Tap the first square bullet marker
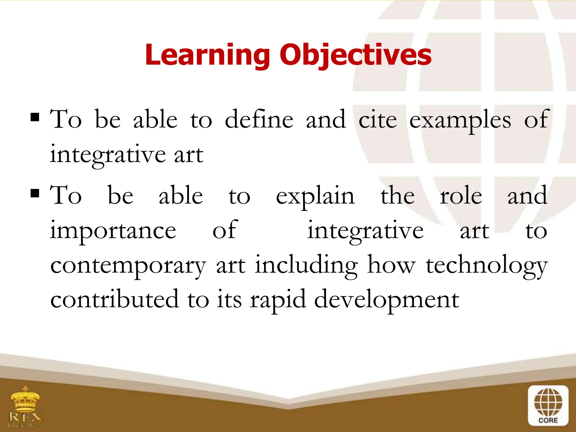coord(35,117)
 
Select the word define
coord(259,120)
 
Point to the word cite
coord(377,120)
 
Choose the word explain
coord(315,196)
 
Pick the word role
coord(461,196)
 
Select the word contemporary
coord(128,266)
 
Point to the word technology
coord(487,266)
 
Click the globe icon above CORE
coord(548,402)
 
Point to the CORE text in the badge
coord(548,420)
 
